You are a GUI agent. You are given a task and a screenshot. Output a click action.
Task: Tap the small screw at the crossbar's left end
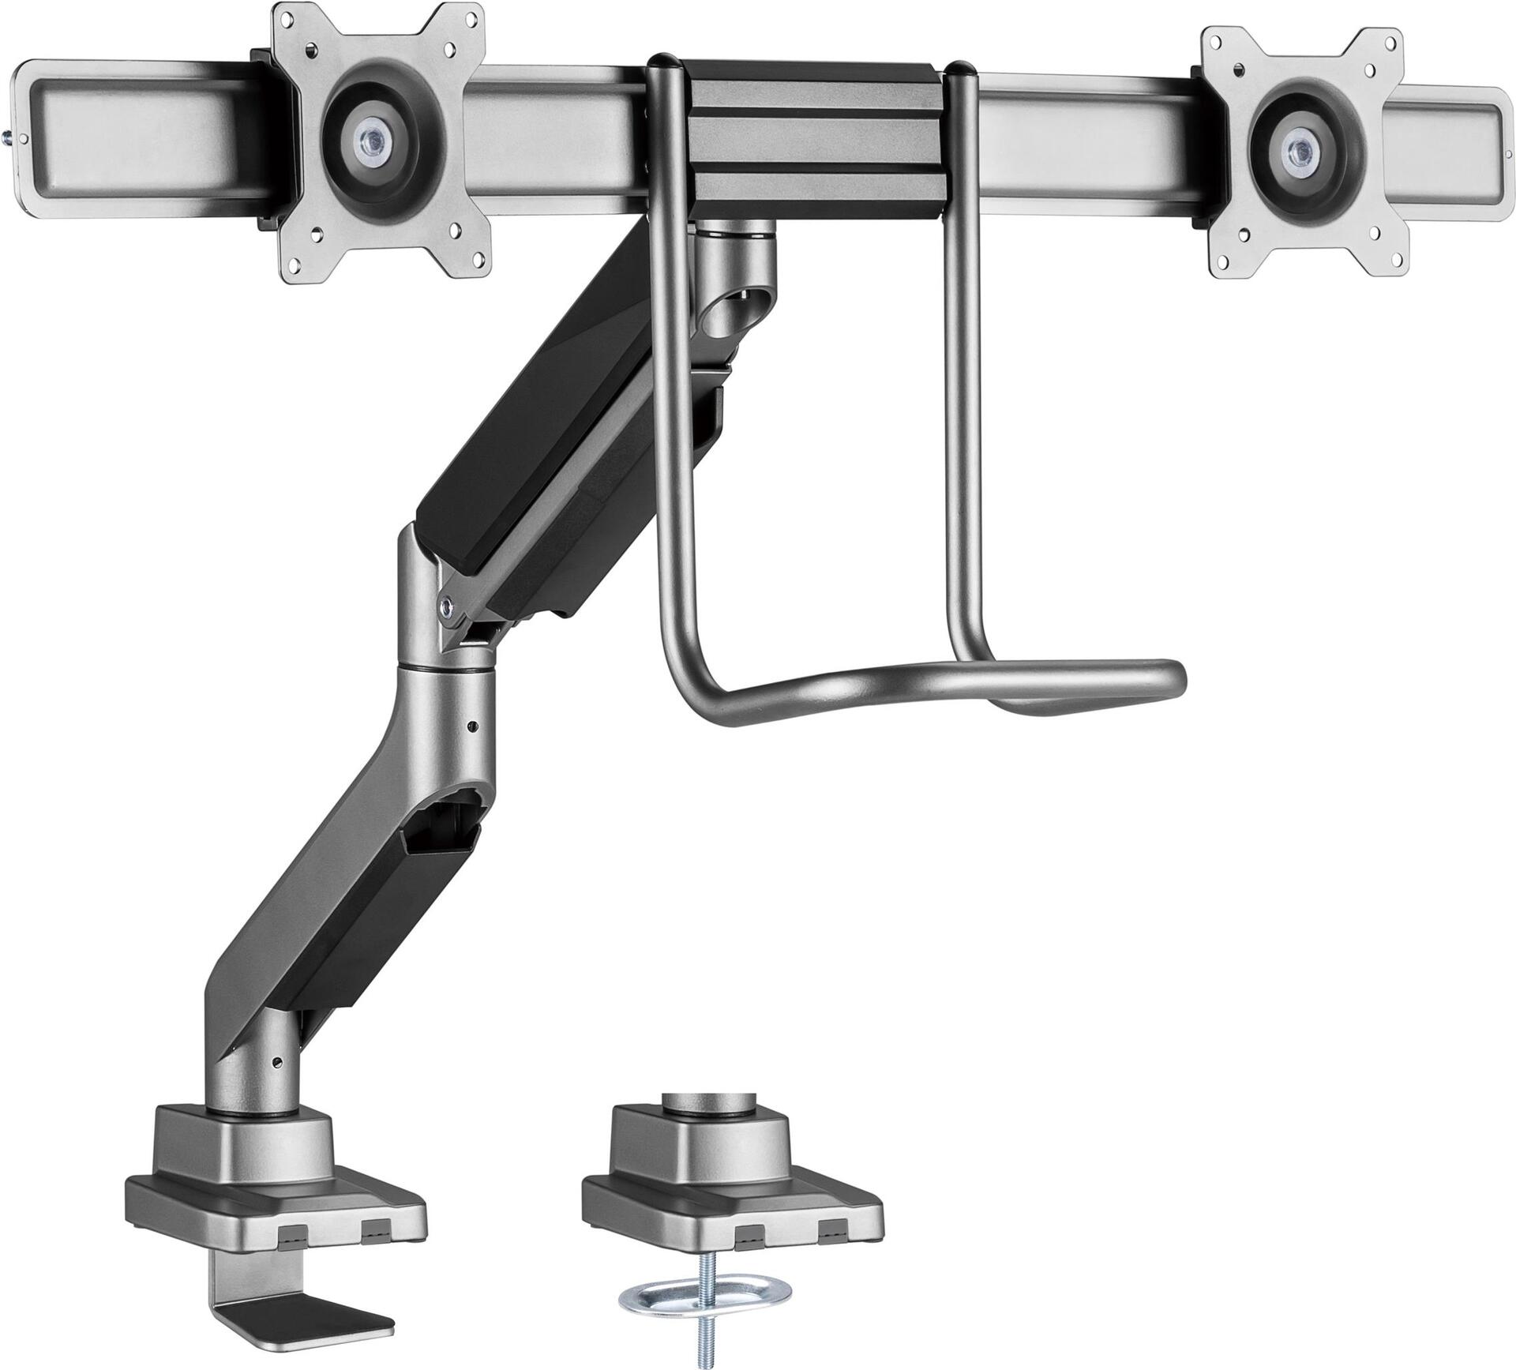pos(9,138)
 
